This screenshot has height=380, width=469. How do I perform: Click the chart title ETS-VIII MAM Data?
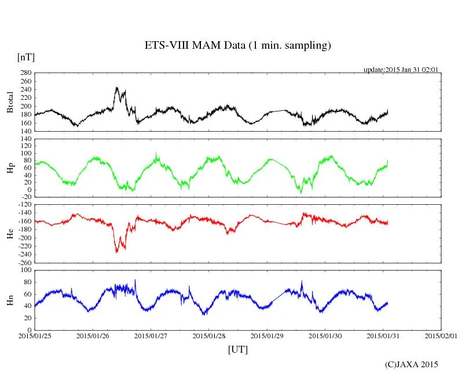click(237, 46)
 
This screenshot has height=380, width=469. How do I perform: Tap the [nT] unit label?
click(26, 57)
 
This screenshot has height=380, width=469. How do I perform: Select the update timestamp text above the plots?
click(401, 70)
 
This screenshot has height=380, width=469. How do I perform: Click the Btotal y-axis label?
click(10, 102)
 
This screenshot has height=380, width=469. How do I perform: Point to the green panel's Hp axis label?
click(10, 168)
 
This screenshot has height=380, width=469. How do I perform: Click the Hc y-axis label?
click(10, 233)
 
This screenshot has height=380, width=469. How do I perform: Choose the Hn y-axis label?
click(10, 299)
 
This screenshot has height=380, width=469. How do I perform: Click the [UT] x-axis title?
click(238, 349)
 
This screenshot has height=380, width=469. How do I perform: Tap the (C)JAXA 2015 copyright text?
click(411, 364)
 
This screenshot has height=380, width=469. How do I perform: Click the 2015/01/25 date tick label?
click(35, 336)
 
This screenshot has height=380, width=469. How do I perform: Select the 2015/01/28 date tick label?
click(209, 336)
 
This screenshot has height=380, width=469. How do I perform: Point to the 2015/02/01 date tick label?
click(441, 336)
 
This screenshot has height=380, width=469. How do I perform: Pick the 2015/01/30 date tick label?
click(325, 336)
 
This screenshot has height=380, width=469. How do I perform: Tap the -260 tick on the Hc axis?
click(23, 262)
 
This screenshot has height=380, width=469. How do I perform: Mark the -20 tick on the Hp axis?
click(25, 197)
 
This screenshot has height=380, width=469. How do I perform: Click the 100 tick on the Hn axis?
click(25, 270)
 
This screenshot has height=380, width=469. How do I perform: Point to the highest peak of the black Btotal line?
click(117, 88)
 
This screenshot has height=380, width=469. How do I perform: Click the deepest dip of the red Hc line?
click(116, 252)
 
